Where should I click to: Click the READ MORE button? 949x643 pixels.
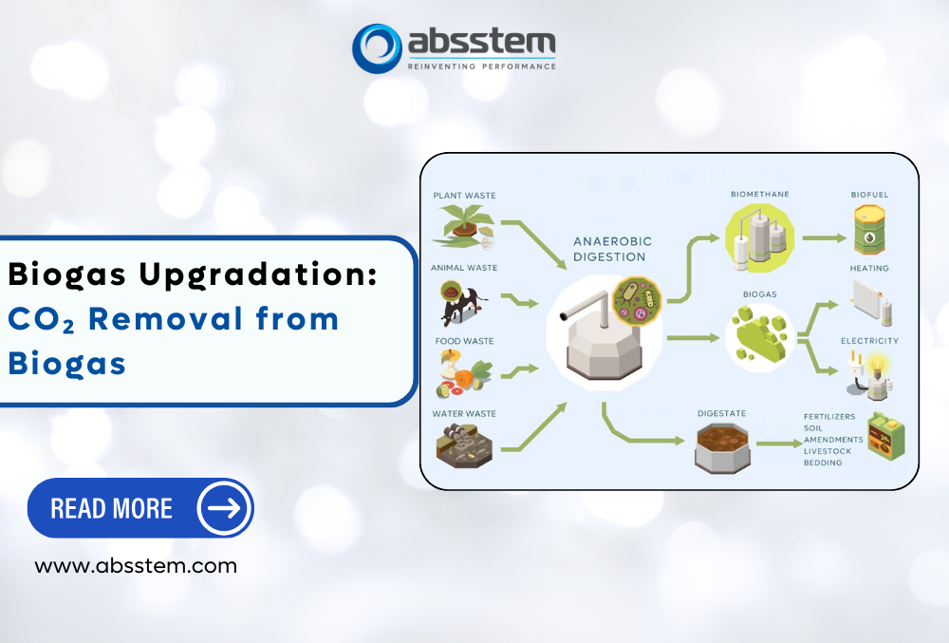[140, 508]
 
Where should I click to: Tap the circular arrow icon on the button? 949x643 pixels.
[224, 508]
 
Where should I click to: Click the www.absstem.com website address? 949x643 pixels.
[136, 566]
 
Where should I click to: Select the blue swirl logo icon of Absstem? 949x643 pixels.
[377, 48]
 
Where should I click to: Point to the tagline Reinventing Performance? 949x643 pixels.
[482, 66]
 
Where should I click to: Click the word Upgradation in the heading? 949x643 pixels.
[258, 274]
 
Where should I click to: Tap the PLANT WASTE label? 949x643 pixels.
[464, 196]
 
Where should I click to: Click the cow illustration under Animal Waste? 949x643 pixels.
[463, 305]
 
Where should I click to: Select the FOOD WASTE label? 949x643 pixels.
[464, 341]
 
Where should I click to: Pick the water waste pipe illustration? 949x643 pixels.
[464, 445]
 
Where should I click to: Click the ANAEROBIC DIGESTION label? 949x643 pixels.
[612, 249]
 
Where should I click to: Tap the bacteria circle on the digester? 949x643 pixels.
[637, 301]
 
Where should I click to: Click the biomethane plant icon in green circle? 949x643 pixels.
[759, 238]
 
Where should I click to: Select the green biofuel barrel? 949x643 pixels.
[869, 230]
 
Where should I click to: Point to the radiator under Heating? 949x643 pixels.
[871, 301]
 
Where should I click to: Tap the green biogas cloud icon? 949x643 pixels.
[760, 335]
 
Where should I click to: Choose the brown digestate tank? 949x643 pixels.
[722, 447]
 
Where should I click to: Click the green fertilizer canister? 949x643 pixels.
[886, 436]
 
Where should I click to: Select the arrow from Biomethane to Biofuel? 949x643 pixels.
[825, 238]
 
